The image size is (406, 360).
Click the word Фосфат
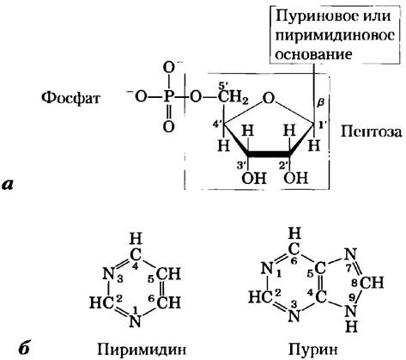tap(70, 98)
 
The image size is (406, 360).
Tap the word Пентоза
tap(371, 132)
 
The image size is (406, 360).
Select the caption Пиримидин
tap(142, 350)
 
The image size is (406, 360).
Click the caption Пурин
tap(313, 350)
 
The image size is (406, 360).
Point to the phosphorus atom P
tap(168, 98)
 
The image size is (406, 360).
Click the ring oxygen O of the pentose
tap(268, 99)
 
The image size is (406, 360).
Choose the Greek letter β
tap(321, 101)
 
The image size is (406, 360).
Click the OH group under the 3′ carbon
tap(254, 178)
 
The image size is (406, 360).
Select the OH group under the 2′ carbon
tap(296, 178)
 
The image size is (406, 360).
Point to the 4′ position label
tap(218, 125)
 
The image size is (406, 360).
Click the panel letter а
tap(8, 184)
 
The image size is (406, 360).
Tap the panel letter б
tap(24, 348)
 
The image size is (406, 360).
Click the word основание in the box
tap(313, 54)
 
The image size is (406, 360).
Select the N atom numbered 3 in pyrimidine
tap(108, 274)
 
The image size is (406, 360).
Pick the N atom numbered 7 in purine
tap(350, 253)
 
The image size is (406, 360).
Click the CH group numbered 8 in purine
tap(371, 283)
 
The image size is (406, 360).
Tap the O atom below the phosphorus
tap(168, 126)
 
